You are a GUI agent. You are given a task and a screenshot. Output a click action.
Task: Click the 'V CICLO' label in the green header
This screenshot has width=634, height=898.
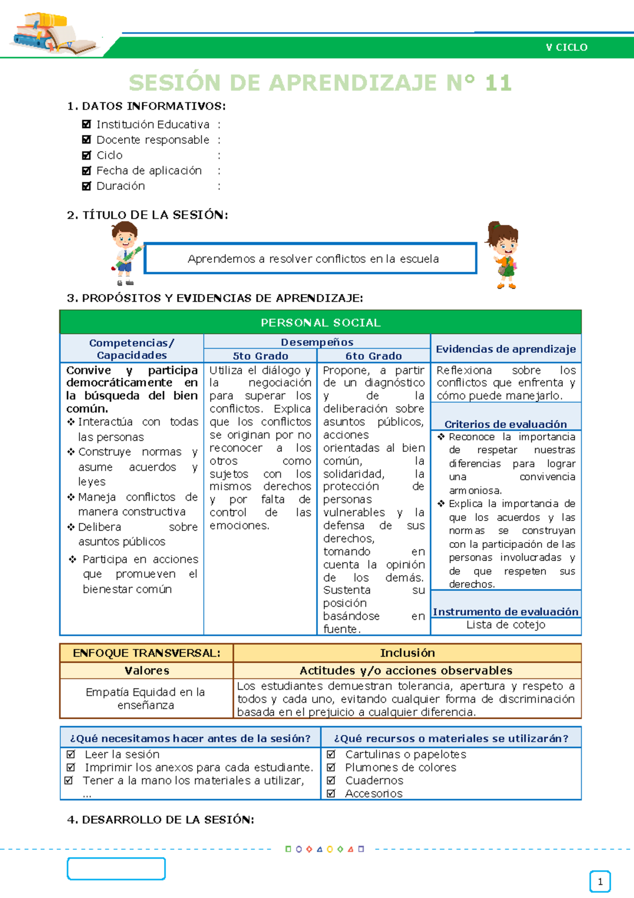pos(566,48)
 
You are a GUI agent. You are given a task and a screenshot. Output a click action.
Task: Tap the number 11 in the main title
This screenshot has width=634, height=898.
pos(498,83)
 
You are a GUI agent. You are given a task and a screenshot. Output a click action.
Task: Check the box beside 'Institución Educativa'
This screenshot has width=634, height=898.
pos(87,125)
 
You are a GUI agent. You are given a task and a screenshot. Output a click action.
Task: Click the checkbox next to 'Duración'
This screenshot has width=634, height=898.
pos(87,186)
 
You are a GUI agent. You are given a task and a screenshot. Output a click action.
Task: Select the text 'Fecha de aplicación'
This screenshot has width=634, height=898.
pos(149,171)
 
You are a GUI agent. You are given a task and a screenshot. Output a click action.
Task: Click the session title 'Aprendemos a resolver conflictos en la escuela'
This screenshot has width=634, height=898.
pos(313,259)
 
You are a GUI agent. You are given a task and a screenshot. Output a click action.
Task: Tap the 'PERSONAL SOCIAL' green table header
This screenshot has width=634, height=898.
pos(320,323)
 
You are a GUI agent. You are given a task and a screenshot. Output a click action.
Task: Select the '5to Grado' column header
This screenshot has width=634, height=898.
pos(260,356)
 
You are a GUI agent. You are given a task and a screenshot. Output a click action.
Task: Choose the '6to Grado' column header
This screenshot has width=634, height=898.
pos(374,356)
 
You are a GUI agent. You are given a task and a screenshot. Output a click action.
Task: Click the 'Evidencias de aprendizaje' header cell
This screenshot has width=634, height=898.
pos(506,349)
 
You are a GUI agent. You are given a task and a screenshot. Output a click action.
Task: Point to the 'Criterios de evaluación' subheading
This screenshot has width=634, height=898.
pos(506,424)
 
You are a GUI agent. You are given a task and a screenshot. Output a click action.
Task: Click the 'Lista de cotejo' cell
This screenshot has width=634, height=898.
pos(506,625)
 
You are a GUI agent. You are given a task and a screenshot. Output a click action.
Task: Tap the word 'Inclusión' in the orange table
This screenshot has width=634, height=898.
pos(407,653)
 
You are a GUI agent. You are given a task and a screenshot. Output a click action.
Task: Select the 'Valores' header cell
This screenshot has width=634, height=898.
pos(147,671)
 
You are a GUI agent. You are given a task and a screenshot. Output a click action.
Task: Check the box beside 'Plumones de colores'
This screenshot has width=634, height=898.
pos(331,767)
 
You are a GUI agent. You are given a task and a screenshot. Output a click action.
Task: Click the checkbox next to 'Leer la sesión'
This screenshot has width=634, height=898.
pos(71,754)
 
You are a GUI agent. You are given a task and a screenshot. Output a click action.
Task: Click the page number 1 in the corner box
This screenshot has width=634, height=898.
pos(600,882)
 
